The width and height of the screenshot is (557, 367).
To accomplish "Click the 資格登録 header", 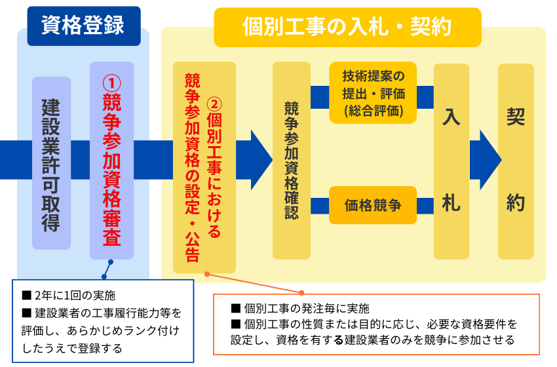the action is [84, 26].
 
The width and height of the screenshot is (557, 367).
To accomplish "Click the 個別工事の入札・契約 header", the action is [347, 27].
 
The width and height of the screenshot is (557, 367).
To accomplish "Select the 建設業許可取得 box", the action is [52, 163].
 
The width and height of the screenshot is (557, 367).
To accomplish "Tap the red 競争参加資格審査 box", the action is [111, 161].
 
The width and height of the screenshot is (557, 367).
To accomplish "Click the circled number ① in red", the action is [112, 83].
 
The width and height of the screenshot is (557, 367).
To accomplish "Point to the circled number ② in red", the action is [214, 104].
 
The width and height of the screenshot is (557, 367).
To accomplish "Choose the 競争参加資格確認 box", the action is [292, 161].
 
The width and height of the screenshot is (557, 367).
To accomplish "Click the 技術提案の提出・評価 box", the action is [373, 92].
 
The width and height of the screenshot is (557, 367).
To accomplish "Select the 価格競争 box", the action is [373, 205].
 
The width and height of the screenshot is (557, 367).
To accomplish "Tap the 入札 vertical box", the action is [451, 161].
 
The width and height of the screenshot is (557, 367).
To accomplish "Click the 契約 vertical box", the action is [516, 161].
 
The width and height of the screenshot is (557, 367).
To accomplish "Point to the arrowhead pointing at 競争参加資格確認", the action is [261, 160].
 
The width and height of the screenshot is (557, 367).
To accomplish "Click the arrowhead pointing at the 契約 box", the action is [491, 160].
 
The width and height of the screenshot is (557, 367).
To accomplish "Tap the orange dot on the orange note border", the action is [301, 293].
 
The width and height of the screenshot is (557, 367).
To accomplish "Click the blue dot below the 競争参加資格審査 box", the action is [111, 262].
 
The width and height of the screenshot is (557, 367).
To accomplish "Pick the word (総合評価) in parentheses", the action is [374, 111].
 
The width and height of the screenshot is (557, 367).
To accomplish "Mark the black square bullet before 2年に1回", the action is [27, 295].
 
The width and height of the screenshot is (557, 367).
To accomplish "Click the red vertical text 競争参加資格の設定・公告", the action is [192, 167].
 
